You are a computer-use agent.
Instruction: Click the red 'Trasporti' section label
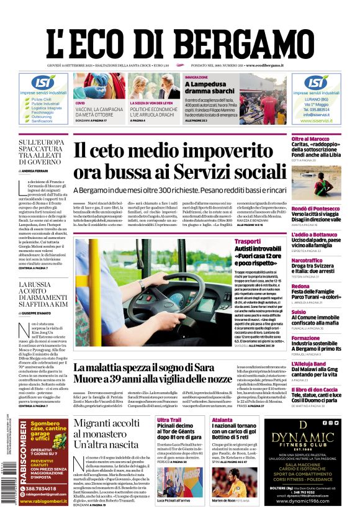coord(248,241)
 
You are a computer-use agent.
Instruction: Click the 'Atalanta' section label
coord(222,420)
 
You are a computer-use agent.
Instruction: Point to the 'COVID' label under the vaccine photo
coord(80,102)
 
